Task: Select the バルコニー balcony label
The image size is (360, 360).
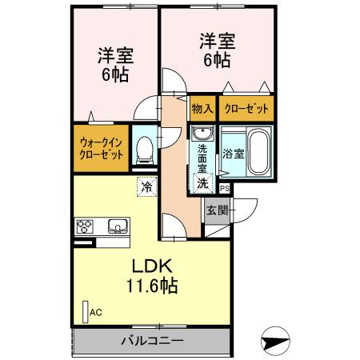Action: tap(152, 341)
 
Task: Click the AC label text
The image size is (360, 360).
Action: tap(96, 313)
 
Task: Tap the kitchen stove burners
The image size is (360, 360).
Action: tap(85, 226)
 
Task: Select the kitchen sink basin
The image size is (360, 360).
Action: tap(117, 226)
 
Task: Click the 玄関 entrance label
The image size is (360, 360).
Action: tap(217, 211)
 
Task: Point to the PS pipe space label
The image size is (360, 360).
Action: tap(225, 189)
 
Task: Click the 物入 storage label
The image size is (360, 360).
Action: tap(202, 108)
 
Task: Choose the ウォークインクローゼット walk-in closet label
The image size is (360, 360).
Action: tap(101, 149)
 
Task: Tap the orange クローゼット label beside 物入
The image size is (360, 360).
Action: tap(246, 108)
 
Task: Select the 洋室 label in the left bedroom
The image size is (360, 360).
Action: tap(115, 56)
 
